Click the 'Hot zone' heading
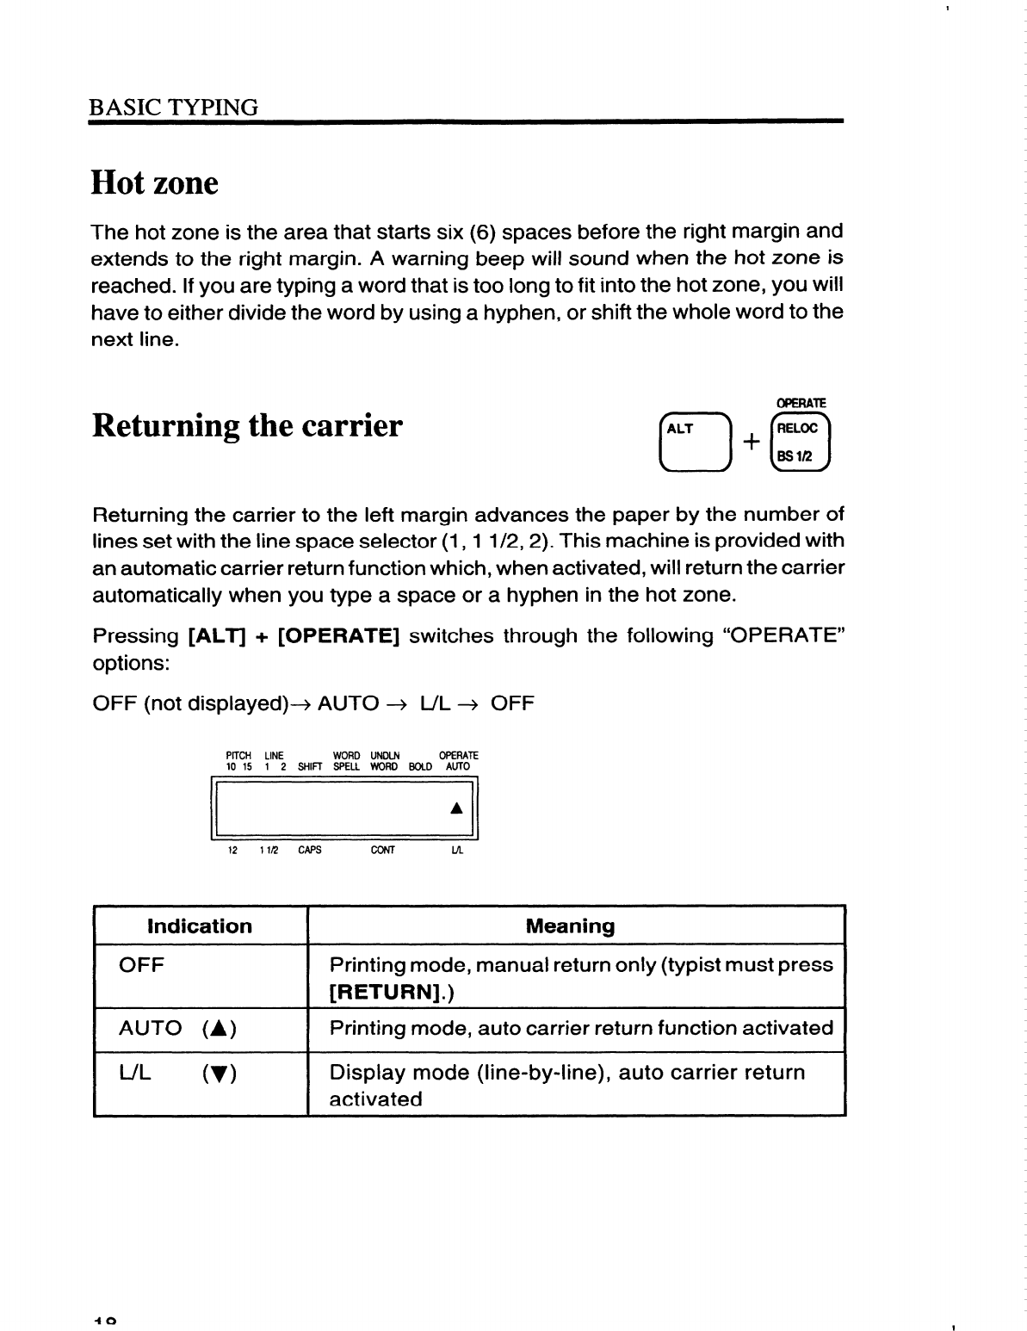click(155, 183)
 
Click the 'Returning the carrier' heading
click(246, 425)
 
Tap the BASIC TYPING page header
click(174, 108)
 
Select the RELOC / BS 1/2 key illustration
click(801, 443)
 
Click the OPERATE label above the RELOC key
click(801, 403)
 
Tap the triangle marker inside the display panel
click(457, 808)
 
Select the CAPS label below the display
click(310, 850)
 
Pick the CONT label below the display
click(382, 850)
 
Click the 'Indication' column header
click(200, 926)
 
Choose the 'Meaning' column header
click(570, 926)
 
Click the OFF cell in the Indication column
click(141, 965)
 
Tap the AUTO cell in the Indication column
click(150, 1028)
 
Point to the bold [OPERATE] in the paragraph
click(339, 636)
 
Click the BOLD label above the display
click(421, 766)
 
